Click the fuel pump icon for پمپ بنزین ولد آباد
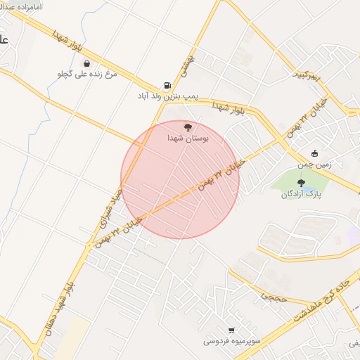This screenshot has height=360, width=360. [x=167, y=84]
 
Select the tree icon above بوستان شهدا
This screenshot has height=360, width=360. [x=188, y=127]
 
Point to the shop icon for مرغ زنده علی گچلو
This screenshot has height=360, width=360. [x=87, y=63]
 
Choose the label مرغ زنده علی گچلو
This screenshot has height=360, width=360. [x=87, y=74]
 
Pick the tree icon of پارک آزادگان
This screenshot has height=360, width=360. [x=302, y=183]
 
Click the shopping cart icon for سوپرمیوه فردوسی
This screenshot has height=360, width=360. [x=231, y=330]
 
